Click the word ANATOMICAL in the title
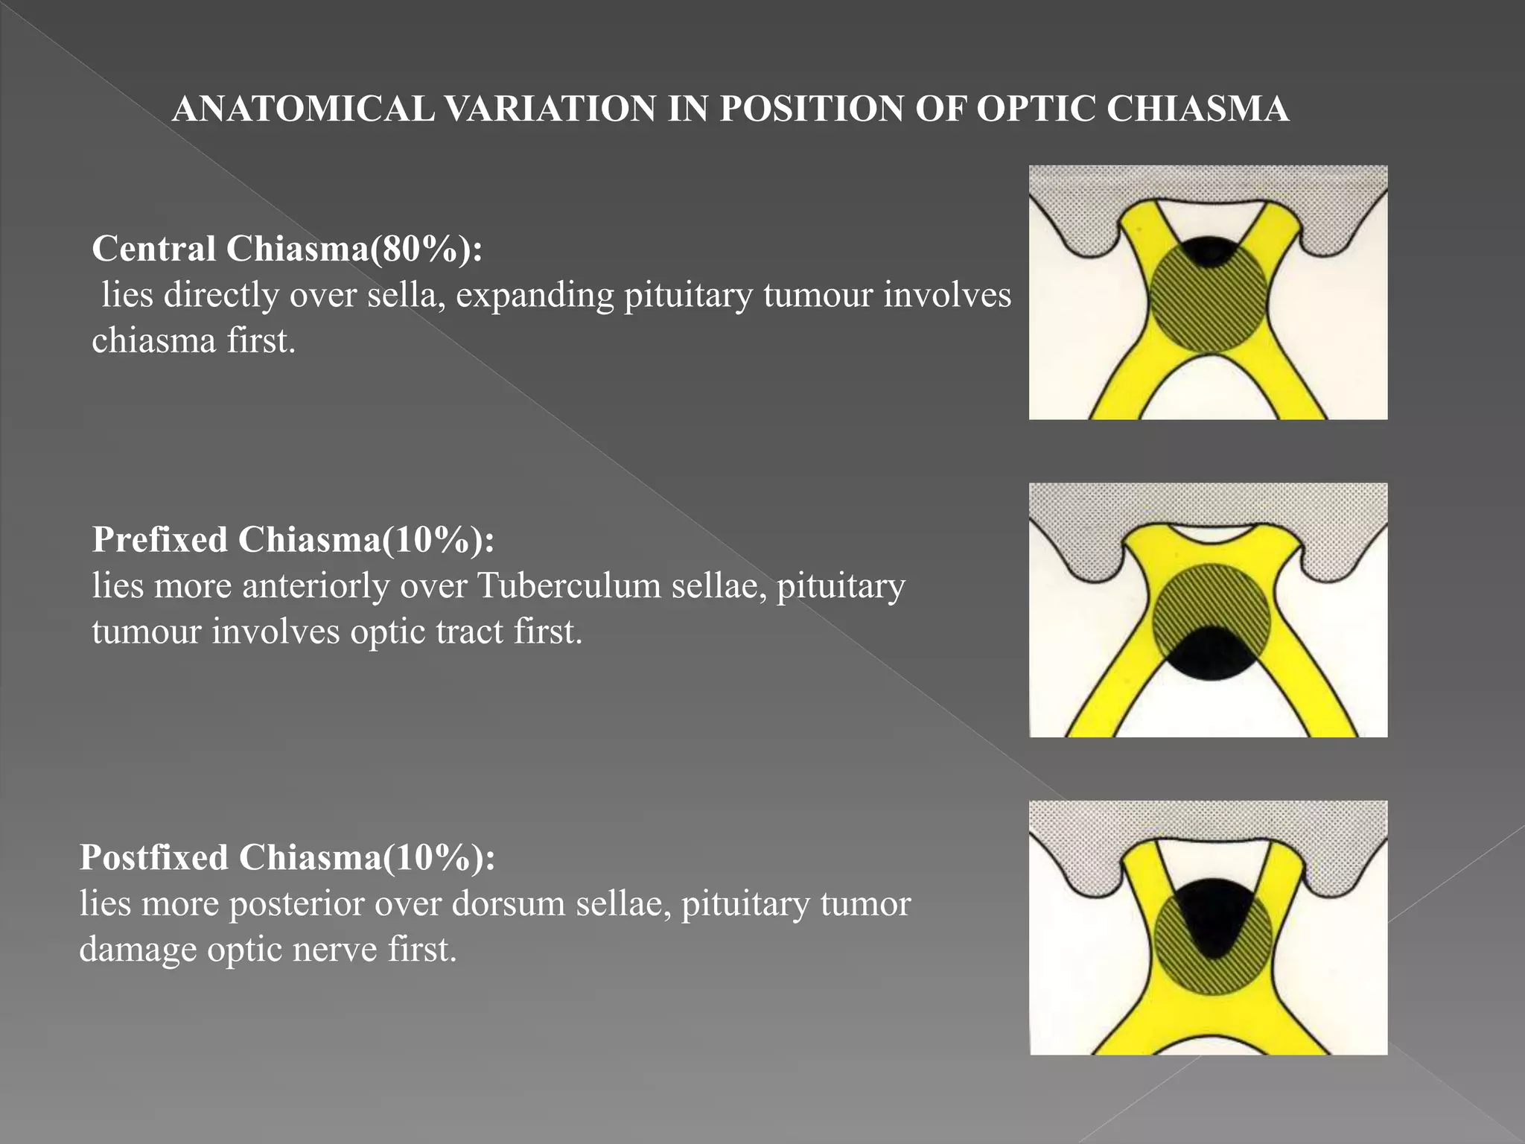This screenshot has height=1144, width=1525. (303, 109)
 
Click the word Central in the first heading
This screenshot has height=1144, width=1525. (154, 248)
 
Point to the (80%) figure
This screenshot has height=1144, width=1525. (421, 249)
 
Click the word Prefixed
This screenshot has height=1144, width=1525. (160, 539)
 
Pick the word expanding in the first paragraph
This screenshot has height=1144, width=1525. (535, 296)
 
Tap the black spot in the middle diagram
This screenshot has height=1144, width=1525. (1210, 655)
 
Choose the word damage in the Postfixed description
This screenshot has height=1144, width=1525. (138, 950)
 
